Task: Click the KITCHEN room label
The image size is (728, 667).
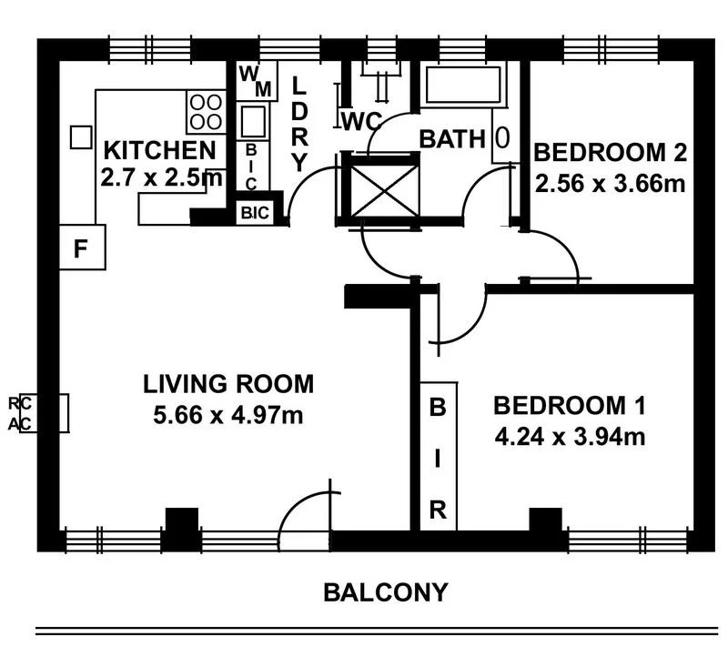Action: pos(158,150)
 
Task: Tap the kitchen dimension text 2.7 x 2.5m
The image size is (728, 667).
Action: pos(161,177)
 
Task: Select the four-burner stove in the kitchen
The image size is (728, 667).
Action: pos(205,111)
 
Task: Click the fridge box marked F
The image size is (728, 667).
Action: pos(82,248)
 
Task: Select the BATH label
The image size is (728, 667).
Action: pos(451,139)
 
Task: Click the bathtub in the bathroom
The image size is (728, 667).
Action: pos(464,85)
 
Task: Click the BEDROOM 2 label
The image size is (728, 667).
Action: pos(610,151)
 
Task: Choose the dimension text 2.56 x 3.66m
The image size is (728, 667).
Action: pos(610,185)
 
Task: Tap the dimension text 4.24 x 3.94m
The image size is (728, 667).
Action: pos(571,437)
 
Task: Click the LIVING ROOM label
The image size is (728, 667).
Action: pos(228,384)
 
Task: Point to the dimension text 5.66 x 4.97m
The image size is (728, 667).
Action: pos(228,416)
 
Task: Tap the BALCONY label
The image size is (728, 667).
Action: pos(386,593)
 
